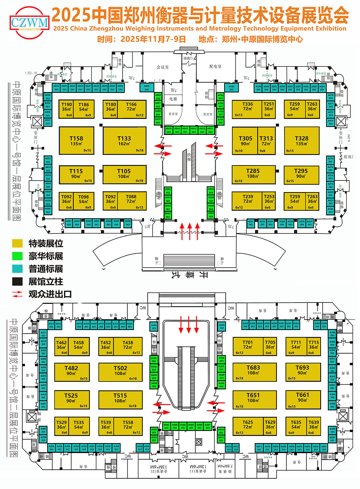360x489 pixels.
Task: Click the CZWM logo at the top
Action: [x=30, y=23]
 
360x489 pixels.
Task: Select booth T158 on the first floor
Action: [x=76, y=140]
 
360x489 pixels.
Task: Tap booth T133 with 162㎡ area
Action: [x=124, y=140]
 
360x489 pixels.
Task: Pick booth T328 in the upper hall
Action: [x=302, y=140]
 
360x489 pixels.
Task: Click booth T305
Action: [x=245, y=140]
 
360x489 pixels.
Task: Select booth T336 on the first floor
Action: [x=247, y=109]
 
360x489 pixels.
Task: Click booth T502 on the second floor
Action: [x=120, y=372]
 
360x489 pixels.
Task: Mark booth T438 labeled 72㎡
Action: [x=128, y=346]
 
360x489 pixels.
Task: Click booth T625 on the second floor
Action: [x=247, y=426]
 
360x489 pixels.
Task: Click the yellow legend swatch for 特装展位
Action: [x=17, y=243]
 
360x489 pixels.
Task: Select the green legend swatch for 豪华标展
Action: [x=17, y=256]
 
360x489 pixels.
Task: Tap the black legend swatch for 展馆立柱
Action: [x=17, y=282]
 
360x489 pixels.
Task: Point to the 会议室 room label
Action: [x=163, y=67]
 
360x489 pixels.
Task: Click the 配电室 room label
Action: [x=215, y=67]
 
